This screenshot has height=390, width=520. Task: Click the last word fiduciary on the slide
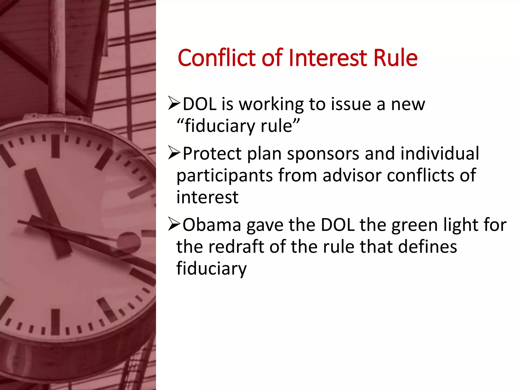point(212,269)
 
